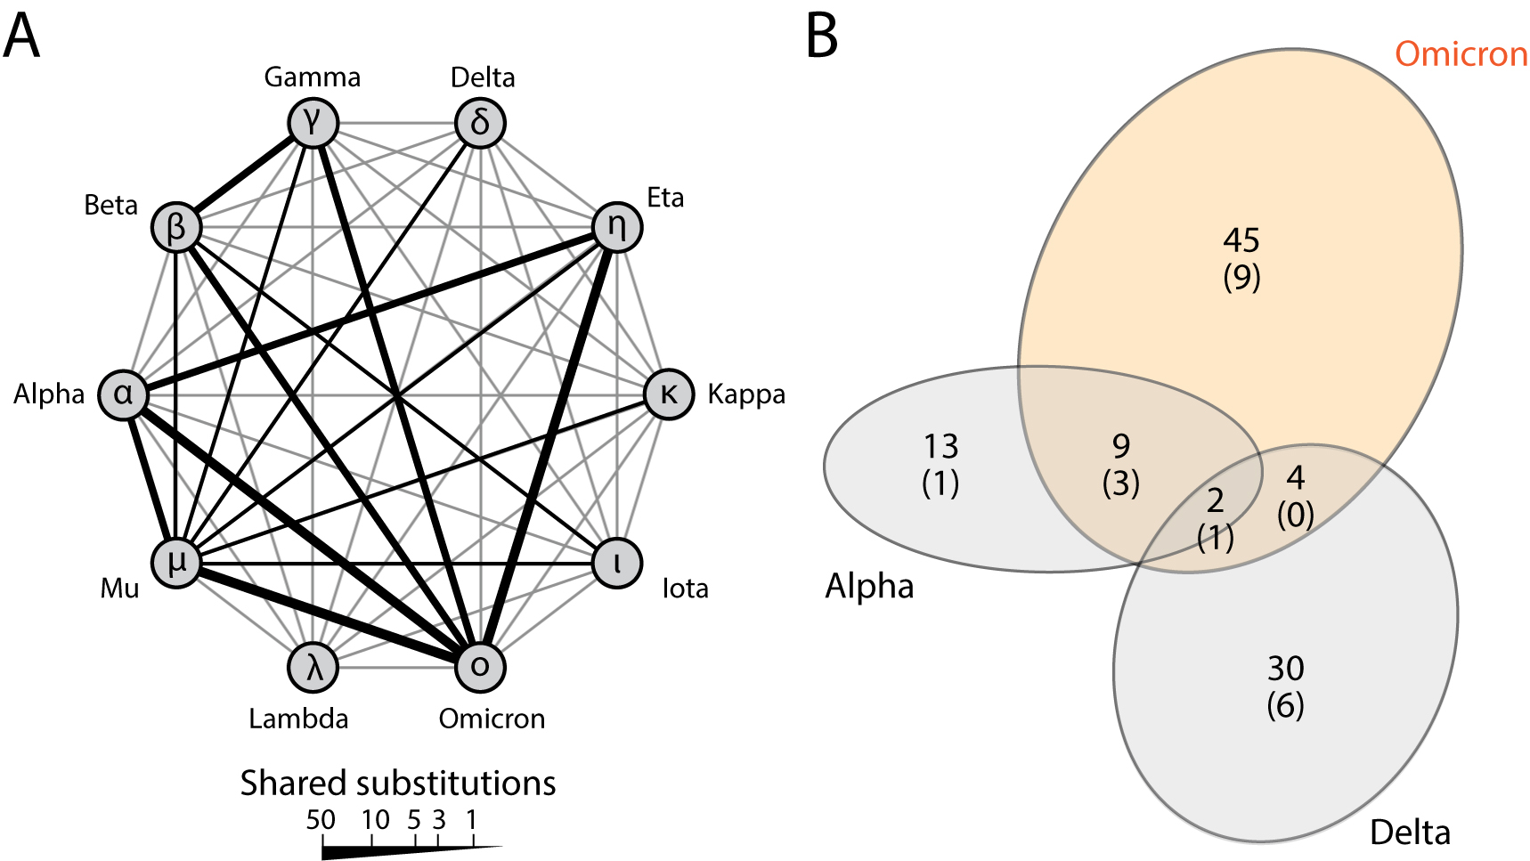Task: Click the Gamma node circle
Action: coord(313,122)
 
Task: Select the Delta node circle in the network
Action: coord(480,123)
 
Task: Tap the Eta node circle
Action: coord(616,227)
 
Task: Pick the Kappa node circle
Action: coord(668,394)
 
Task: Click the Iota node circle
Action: coord(617,564)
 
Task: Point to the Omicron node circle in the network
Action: coord(480,666)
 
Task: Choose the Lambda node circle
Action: coord(313,667)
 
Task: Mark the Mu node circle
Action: coord(176,563)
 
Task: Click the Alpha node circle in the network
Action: coord(123,394)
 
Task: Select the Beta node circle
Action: coord(176,227)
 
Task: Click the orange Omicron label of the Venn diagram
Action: coord(1461,54)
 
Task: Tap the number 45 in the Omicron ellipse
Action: coord(1241,240)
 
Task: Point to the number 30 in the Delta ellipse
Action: coord(1285,668)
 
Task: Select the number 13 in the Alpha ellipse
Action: coord(940,445)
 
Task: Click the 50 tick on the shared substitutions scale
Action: coord(321,820)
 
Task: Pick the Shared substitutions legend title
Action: coord(397,783)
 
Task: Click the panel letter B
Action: coord(822,37)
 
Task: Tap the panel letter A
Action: coord(21,37)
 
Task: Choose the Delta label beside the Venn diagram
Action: coord(1410,833)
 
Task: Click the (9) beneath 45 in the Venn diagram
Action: coord(1241,278)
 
